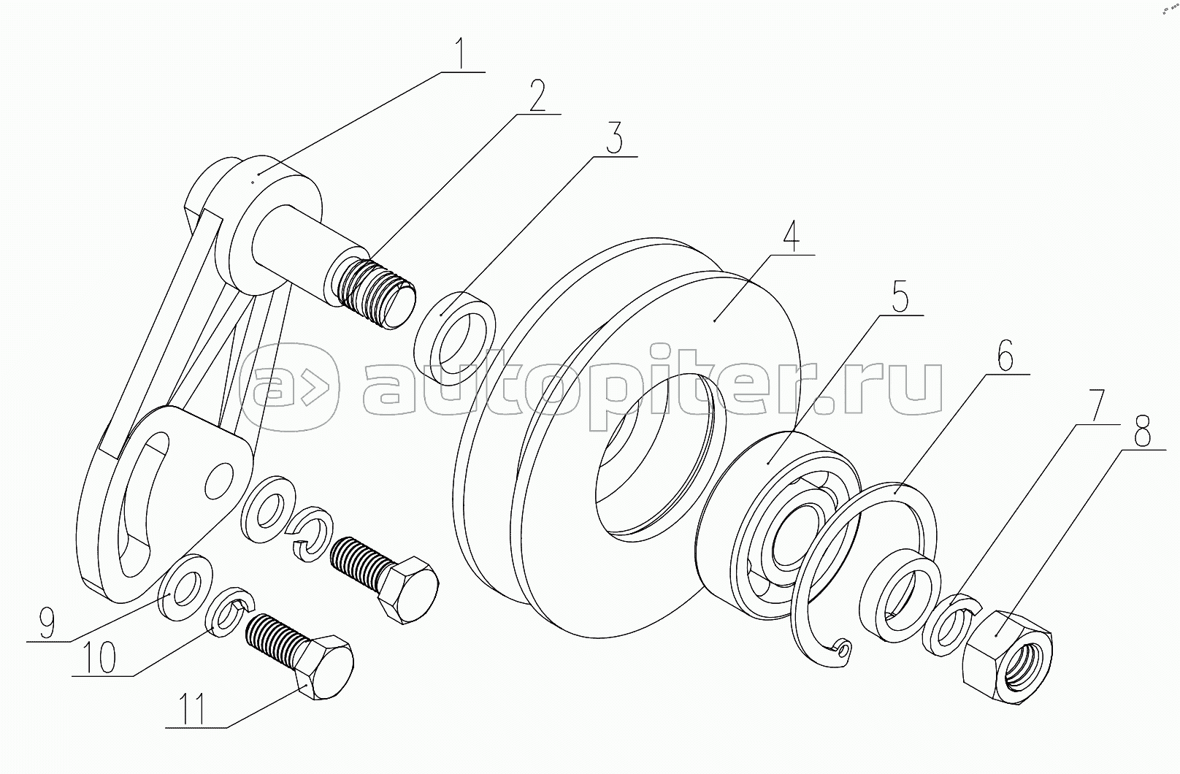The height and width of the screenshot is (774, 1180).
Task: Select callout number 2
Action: (537, 96)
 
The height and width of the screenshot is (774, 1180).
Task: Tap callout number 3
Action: (613, 138)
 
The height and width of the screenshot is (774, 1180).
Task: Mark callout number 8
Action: (1141, 431)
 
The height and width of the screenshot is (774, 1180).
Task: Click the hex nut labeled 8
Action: (1007, 657)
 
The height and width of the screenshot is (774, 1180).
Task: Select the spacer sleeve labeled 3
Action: (455, 338)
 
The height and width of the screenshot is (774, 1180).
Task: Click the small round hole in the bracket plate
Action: (219, 480)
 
